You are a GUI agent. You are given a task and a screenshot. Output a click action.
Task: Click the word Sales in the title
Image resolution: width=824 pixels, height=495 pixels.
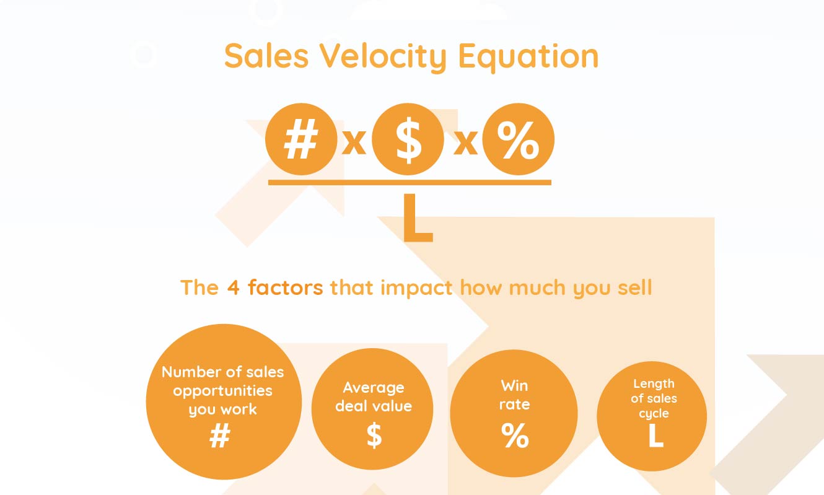[x=266, y=56]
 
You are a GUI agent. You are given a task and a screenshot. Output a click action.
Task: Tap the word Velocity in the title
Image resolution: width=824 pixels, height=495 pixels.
[x=383, y=57]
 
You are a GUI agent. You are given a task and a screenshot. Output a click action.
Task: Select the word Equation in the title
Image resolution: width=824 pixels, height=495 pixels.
[x=528, y=57]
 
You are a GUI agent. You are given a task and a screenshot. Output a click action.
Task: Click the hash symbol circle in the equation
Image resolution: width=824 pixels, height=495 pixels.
[x=301, y=139]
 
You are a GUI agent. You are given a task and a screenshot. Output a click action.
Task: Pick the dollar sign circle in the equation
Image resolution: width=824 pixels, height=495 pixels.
[x=408, y=139]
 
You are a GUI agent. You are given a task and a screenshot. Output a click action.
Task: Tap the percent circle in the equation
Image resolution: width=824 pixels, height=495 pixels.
[x=518, y=139]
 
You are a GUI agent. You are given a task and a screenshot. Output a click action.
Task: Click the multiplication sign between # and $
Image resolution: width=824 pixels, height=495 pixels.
[x=354, y=142]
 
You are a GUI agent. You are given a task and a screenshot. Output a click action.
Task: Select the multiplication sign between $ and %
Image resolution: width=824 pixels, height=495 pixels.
[x=465, y=142]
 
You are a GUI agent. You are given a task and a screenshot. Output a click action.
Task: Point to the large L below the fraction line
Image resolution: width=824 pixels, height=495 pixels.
[x=418, y=217]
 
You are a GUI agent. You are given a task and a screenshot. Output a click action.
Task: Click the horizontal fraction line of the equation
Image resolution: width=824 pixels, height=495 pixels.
[x=410, y=182]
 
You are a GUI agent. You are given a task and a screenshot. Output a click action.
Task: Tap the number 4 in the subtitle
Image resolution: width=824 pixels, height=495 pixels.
[x=233, y=287]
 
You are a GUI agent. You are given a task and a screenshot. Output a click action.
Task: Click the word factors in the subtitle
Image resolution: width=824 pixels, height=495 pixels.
[x=286, y=287]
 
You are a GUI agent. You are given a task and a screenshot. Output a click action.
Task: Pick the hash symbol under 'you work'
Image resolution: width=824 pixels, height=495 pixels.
[x=220, y=436]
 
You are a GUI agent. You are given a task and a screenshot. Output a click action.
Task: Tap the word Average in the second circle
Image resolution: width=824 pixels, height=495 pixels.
[x=374, y=388]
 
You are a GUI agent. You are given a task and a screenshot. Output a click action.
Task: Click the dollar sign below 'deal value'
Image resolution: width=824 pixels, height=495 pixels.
[x=374, y=435]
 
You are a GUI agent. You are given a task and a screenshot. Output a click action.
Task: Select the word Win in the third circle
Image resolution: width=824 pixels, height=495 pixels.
[x=514, y=386]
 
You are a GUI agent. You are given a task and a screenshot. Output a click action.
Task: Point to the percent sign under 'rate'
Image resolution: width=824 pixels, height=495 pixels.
[x=515, y=435]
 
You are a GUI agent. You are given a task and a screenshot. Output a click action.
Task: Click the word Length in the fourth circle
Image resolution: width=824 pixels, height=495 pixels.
[x=654, y=384]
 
